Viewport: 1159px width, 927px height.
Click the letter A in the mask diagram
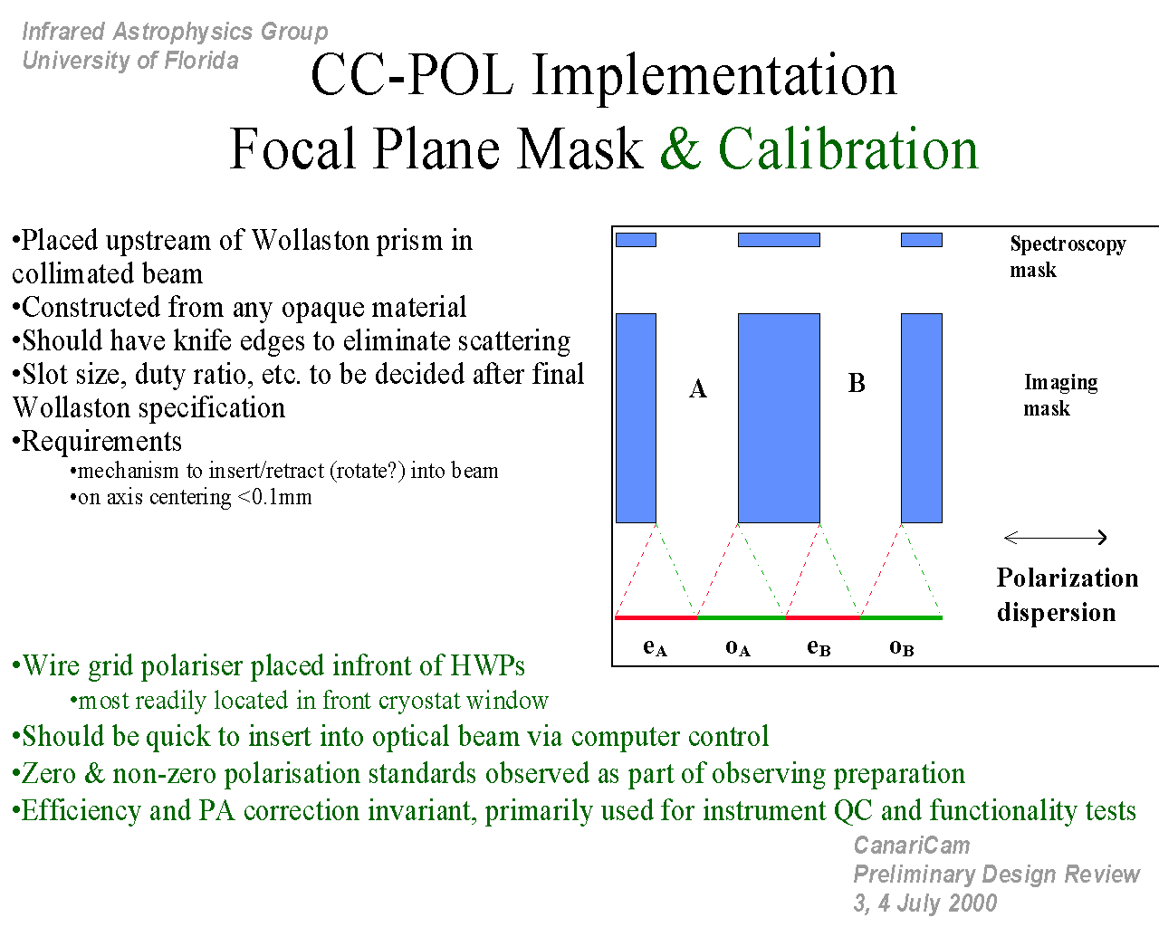697,388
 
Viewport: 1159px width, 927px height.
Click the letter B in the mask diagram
857,384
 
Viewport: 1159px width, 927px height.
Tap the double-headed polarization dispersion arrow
1055,537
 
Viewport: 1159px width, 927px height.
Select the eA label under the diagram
655,647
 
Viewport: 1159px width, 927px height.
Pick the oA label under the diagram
737,647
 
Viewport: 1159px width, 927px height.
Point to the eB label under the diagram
819,647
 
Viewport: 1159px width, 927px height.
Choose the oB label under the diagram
901,647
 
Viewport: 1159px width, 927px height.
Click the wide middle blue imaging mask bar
779,418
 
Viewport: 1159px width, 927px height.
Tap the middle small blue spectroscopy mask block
779,240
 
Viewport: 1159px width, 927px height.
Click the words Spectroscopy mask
1068,256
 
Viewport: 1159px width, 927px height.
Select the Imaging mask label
1060,395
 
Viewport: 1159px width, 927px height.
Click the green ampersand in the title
681,148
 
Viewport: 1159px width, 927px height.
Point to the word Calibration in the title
848,148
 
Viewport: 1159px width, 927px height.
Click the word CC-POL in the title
412,75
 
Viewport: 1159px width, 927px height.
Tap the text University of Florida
130,61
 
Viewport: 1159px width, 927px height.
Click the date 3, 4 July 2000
925,903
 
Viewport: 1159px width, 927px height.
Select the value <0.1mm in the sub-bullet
274,497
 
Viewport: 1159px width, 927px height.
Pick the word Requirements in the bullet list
101,441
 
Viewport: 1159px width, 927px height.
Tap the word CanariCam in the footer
911,846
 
